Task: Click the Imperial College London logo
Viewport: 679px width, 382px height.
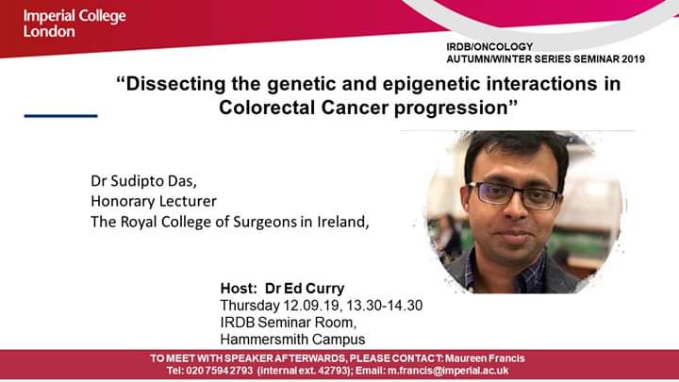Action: [75, 24]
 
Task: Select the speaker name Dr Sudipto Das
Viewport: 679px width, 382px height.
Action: [143, 181]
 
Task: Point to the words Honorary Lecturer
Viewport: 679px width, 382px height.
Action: [154, 202]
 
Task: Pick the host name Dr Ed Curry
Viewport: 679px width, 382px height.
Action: [305, 288]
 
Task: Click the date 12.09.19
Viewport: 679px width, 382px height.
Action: [310, 306]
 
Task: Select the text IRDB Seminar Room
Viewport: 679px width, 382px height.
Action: [288, 323]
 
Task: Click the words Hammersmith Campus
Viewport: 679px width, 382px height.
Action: [292, 340]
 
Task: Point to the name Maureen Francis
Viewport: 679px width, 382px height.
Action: [485, 358]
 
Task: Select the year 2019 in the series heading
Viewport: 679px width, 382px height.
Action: [633, 58]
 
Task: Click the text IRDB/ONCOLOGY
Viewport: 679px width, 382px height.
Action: [489, 47]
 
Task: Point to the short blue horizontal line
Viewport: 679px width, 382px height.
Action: [60, 116]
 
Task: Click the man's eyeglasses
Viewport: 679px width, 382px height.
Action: [513, 194]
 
